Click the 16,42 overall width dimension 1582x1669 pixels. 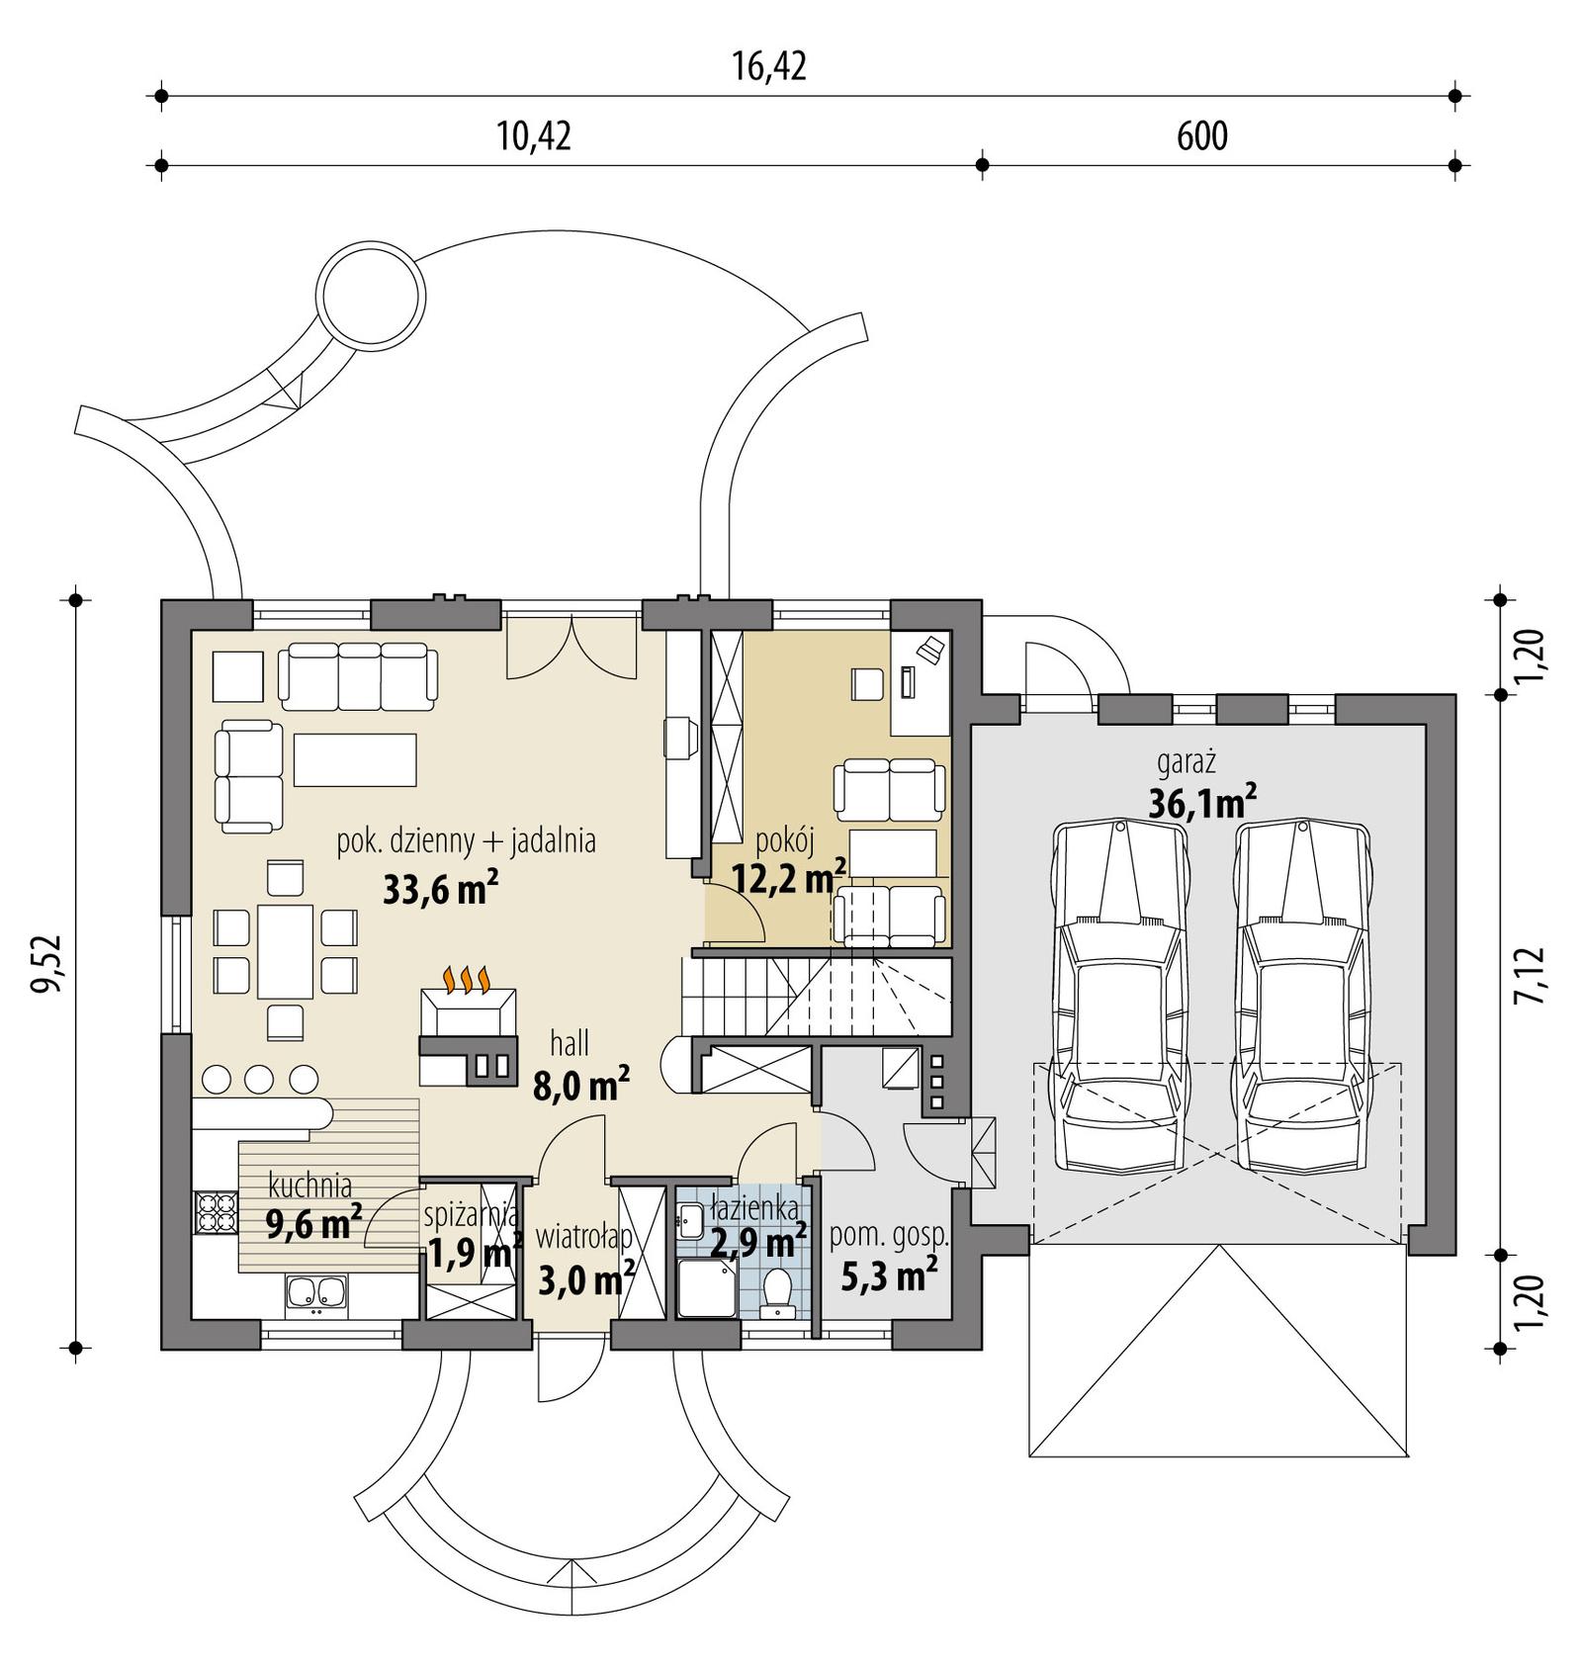coord(769,66)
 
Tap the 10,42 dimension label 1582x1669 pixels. coord(534,135)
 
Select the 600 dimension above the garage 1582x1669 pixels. coord(1201,135)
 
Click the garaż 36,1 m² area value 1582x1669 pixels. coord(1201,803)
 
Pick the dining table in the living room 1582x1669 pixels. coord(285,951)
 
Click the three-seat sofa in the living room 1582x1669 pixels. coord(358,677)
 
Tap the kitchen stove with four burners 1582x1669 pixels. coord(216,1213)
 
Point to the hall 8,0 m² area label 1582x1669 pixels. coord(580,1086)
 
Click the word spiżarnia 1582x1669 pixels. coord(470,1213)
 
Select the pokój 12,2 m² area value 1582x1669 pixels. coord(788,877)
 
